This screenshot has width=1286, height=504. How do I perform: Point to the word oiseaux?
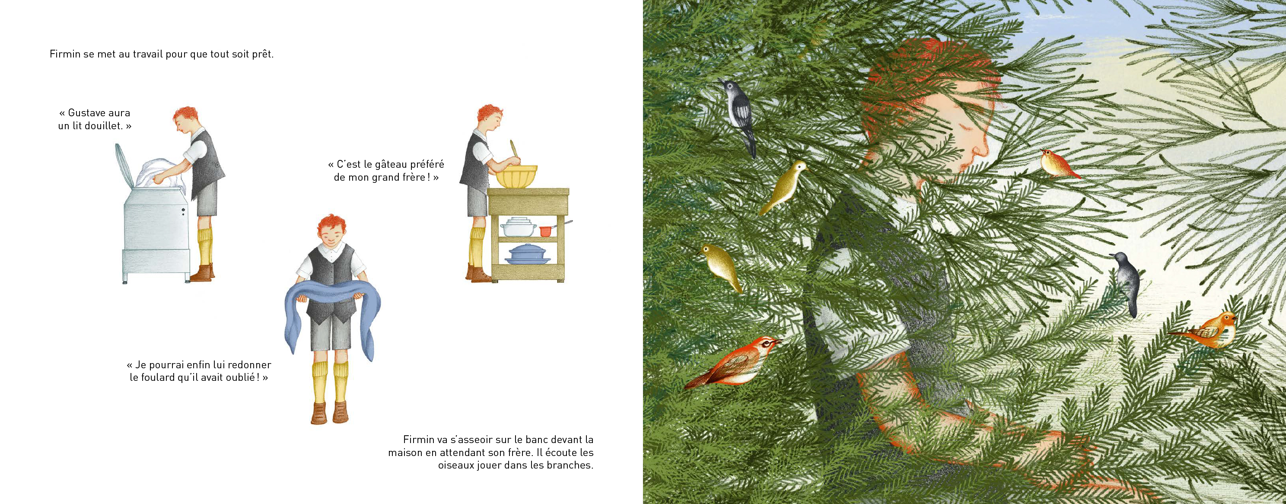coord(455,465)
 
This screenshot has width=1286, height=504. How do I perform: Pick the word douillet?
coord(103,126)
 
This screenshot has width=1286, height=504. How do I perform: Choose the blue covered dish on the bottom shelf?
coord(528,254)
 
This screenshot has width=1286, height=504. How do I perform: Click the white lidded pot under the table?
coord(519,227)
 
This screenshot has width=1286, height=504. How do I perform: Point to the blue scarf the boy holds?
coord(332,315)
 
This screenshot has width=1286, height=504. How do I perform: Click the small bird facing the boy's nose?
coord(1058,164)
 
